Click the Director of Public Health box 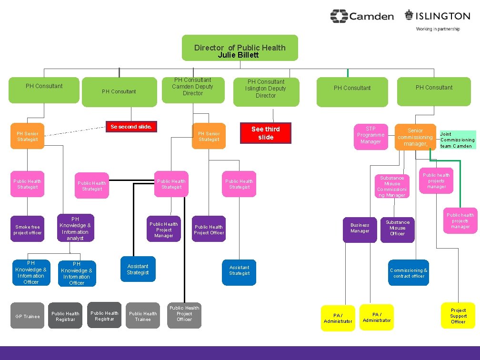[x=240, y=48]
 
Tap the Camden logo [x=362, y=16]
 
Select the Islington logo [x=437, y=16]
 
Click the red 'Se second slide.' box [x=131, y=127]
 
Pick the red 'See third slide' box [x=266, y=133]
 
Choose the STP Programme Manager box [x=370, y=135]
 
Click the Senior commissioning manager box [x=415, y=137]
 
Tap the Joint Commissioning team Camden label [x=457, y=140]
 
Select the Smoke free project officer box [x=28, y=230]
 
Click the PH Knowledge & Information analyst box [x=75, y=229]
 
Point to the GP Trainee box [x=28, y=316]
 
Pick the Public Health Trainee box [x=143, y=316]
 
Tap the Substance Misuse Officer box [x=397, y=228]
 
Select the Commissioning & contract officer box [x=409, y=273]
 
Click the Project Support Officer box [x=458, y=316]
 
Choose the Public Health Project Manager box [x=164, y=230]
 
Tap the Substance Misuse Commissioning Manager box [x=392, y=186]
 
